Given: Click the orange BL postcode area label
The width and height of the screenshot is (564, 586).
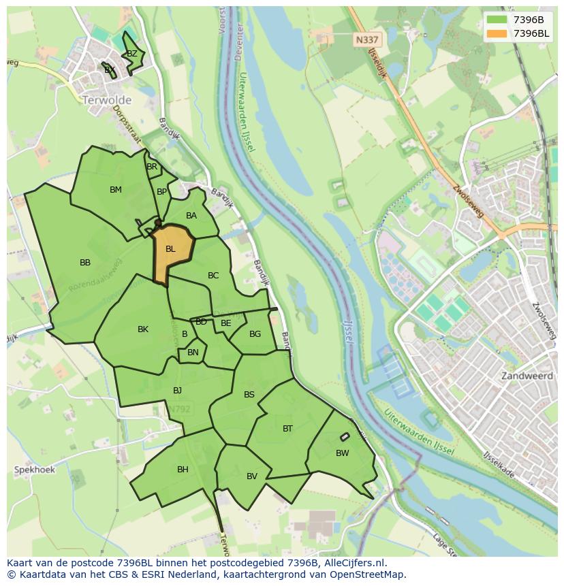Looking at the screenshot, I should coord(170,249).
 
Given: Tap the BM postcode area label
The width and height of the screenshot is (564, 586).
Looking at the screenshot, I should coord(116,190).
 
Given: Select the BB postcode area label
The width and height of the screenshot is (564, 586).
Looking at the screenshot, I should coord(85,263).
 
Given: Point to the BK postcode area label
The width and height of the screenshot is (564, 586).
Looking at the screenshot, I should coord(143,329).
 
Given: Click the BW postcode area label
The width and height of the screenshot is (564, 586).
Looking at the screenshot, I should coord(342,453).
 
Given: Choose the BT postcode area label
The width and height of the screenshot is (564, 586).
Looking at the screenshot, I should coord(287,429).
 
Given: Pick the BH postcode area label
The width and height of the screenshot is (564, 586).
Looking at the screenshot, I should coord(183,470).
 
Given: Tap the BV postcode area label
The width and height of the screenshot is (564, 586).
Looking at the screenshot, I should coord(252,476).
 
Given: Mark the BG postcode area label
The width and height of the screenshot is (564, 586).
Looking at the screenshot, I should coord(255,334).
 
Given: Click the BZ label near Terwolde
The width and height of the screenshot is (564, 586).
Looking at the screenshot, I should coord(132,54).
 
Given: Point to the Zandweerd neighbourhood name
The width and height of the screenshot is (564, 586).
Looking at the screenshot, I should coord(527,376).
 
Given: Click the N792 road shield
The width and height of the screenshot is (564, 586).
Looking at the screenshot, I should coord(178,409).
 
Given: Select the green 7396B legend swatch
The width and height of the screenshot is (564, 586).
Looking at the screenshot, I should coord(497,20).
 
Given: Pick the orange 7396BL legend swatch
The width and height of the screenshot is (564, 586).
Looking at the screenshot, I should coord(497,33).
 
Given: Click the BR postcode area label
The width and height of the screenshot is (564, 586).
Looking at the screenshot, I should coord(152,167).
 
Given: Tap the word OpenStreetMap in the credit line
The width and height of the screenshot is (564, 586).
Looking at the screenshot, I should coord(368,574).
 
